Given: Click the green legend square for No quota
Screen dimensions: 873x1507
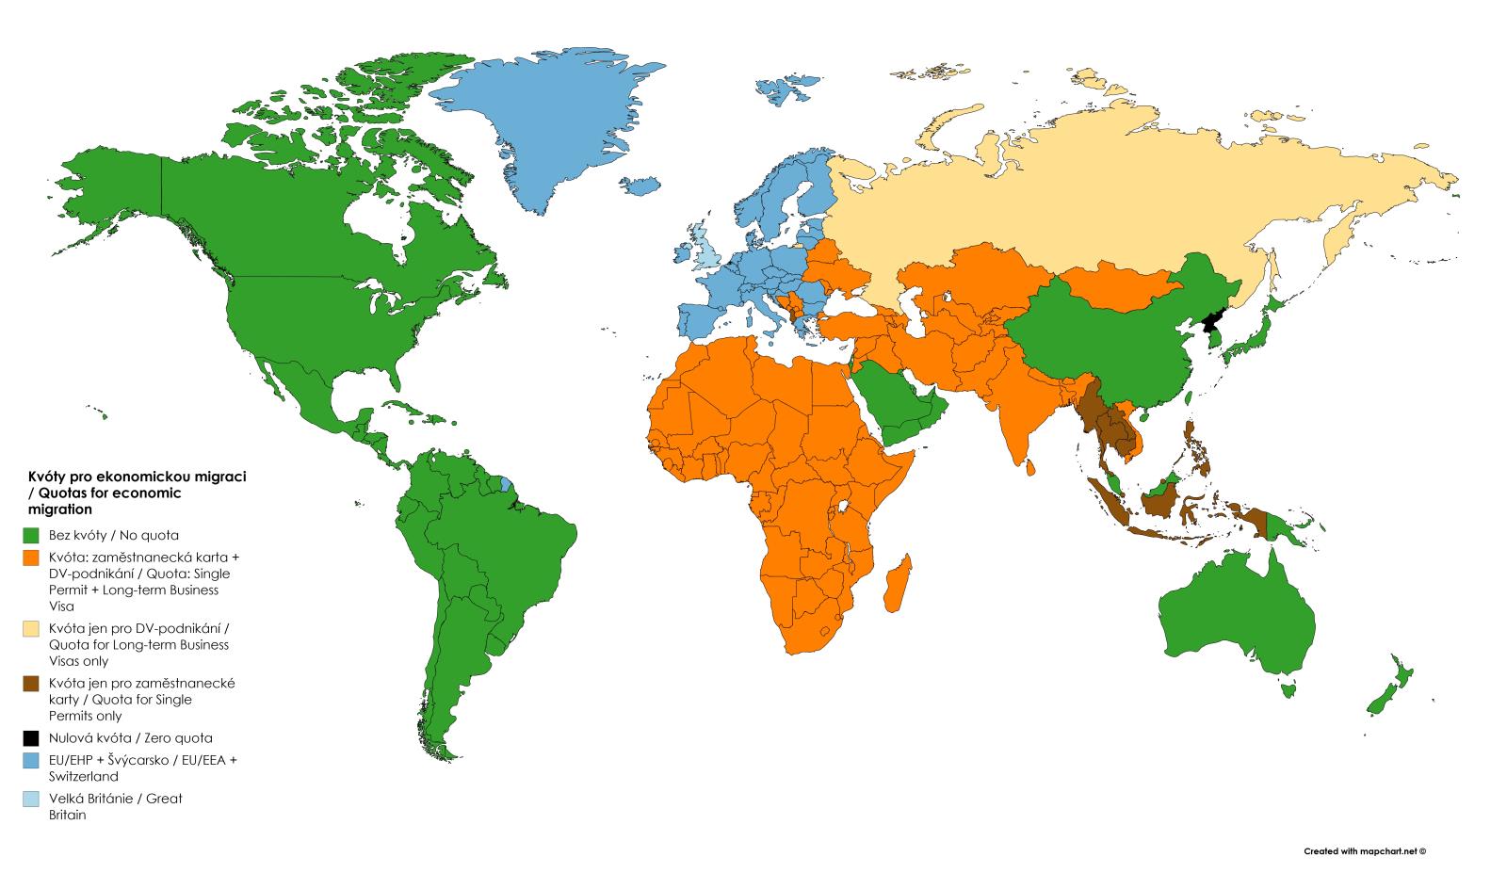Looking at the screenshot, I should [x=31, y=535].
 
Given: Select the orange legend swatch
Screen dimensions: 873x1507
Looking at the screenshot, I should [x=31, y=557].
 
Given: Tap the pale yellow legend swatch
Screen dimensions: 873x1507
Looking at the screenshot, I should [x=31, y=628].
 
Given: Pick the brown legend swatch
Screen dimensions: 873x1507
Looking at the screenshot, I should [x=31, y=684].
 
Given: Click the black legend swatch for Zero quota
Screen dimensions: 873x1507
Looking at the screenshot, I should [x=31, y=738].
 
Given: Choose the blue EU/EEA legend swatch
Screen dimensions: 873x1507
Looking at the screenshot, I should [x=31, y=760].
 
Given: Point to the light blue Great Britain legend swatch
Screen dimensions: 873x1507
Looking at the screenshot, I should [x=31, y=799].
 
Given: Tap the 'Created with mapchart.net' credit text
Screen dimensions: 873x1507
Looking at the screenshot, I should [x=1365, y=850].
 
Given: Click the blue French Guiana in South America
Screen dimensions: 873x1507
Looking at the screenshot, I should [x=508, y=484].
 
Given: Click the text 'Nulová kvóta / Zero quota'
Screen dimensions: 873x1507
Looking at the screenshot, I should [x=130, y=738].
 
